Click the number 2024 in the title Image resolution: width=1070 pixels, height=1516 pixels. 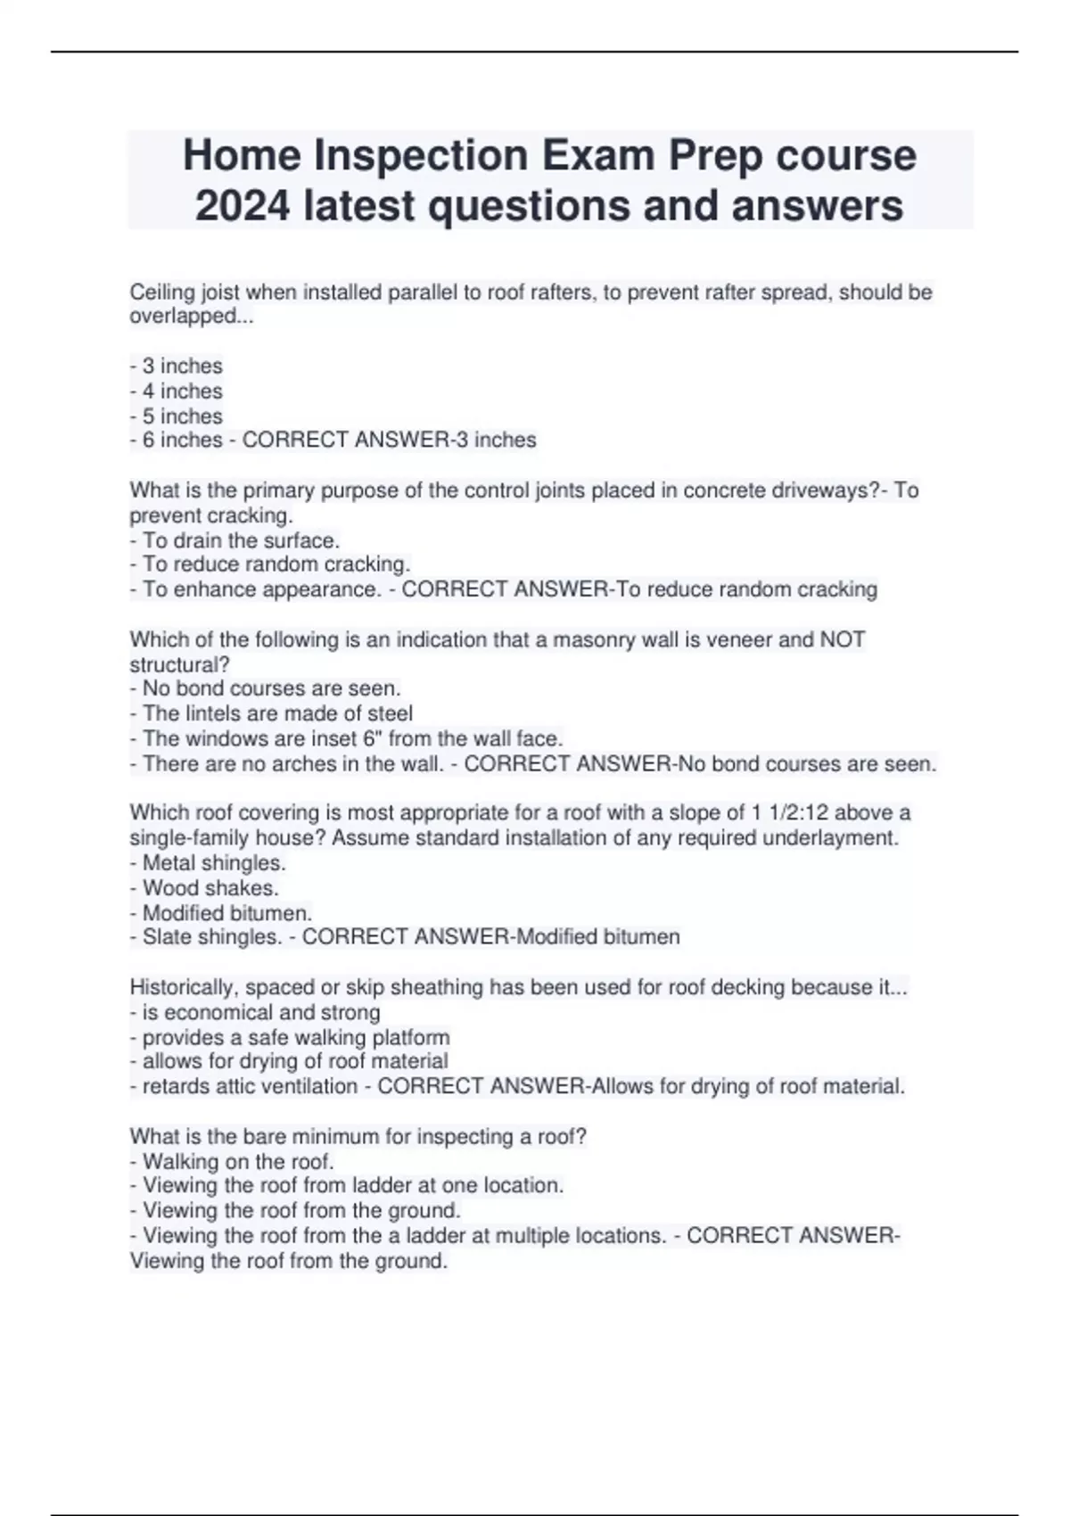coord(243,206)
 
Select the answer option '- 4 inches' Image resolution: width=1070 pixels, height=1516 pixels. coord(177,391)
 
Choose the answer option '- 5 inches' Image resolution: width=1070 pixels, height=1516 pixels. coord(177,416)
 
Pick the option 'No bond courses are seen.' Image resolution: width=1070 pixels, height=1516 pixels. coord(266,688)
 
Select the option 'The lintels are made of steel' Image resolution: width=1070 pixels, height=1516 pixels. coord(272,713)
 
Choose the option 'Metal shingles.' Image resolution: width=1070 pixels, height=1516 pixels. coord(209,863)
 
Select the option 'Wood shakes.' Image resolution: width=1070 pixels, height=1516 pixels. coord(205,888)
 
